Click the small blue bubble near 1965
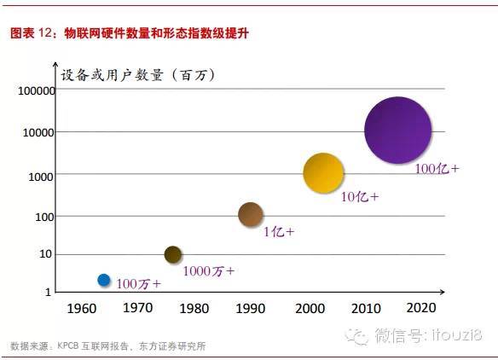tap(104, 280)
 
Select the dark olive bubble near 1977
tap(173, 254)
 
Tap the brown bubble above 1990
tap(250, 215)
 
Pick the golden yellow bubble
tap(323, 173)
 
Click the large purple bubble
tap(397, 131)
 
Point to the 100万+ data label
tap(137, 283)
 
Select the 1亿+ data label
tap(278, 231)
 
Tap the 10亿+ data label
tap(360, 197)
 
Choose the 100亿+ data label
tap(437, 169)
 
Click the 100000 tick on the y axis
tap(32, 90)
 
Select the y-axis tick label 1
tap(48, 293)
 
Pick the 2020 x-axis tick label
tap(421, 308)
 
